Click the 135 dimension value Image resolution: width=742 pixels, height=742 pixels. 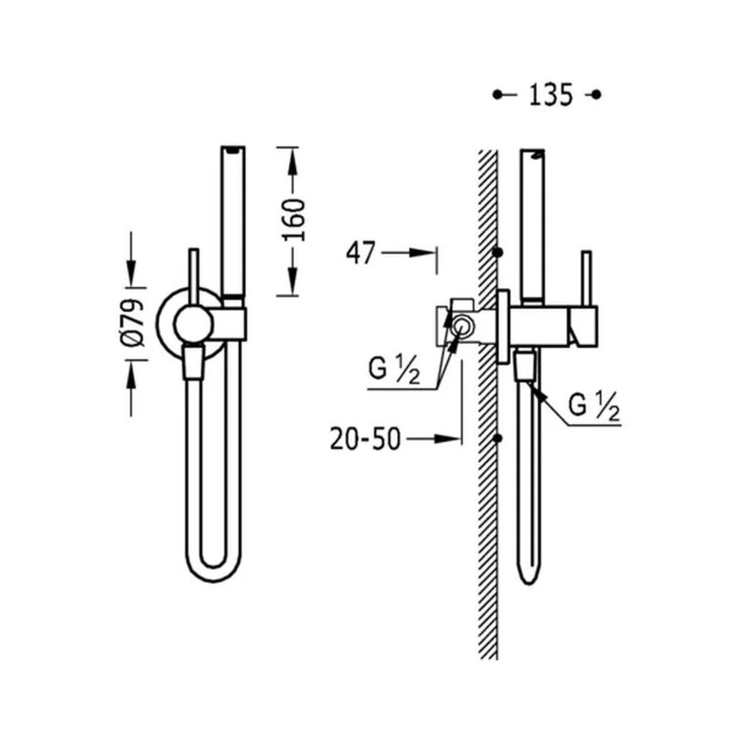pos(551,95)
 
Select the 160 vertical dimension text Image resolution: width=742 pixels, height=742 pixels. pos(293,220)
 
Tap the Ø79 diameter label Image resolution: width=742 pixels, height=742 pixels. pos(133,324)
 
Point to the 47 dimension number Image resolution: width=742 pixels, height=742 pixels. pos(361,253)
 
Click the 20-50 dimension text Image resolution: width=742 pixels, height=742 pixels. pos(365,439)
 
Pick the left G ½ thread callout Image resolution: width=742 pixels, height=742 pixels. pos(394,370)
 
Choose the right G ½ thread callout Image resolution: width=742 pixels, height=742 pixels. pos(594,406)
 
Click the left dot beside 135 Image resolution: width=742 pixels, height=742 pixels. pos(497,95)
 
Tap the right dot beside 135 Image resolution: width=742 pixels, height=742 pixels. pos(597,95)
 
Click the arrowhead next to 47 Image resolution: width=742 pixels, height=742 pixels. pos(423,253)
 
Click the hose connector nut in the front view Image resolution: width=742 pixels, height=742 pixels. pos(193,362)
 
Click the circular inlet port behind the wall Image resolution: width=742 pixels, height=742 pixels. pos(461,327)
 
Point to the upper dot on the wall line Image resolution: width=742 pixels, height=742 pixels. pos(497,252)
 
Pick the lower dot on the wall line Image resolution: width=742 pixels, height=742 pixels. pos(497,439)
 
